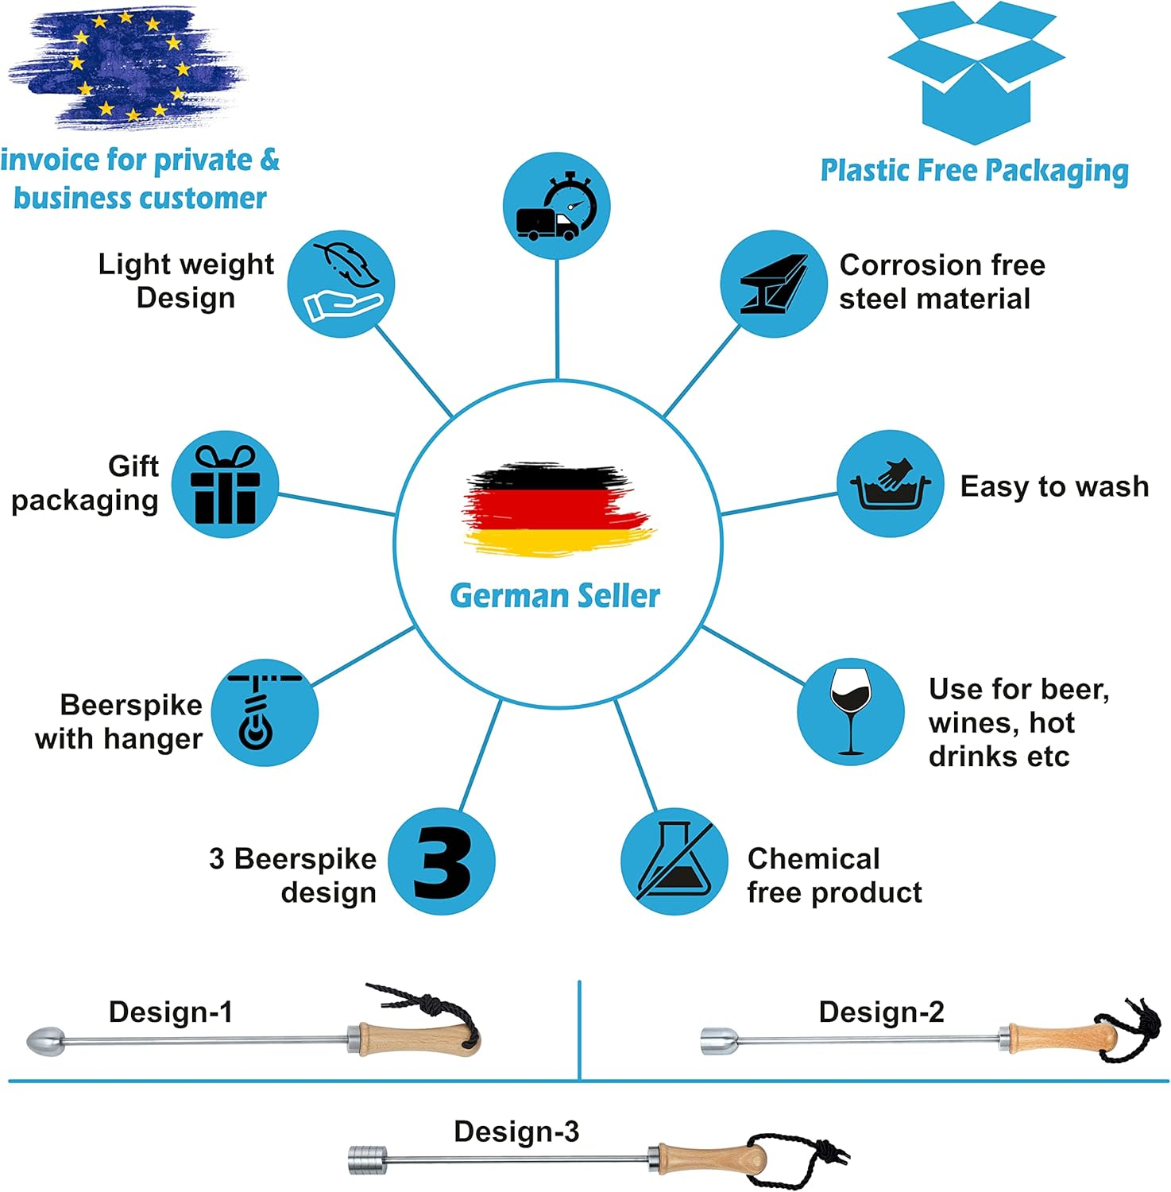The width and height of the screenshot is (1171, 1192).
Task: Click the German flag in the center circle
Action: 558,509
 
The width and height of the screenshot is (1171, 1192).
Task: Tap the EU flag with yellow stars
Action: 127,67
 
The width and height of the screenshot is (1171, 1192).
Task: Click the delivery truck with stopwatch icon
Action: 557,206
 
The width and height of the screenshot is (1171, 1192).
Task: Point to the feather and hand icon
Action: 342,284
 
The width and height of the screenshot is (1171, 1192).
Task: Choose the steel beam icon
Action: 774,284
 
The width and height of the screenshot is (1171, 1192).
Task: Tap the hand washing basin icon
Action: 891,484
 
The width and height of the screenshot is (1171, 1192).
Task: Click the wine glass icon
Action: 850,711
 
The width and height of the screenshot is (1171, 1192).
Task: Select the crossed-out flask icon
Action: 674,861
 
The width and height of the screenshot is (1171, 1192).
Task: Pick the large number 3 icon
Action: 442,862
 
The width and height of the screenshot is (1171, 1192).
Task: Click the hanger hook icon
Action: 264,712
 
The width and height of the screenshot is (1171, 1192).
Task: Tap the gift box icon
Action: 226,484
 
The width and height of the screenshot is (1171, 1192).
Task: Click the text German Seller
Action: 555,596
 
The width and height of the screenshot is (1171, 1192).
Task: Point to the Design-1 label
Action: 171,1012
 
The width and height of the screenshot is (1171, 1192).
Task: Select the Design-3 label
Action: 516,1132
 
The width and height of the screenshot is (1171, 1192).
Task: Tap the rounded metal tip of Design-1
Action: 45,1040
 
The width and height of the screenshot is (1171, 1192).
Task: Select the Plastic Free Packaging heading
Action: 975,171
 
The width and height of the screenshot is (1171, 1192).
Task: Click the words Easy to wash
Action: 1054,486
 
